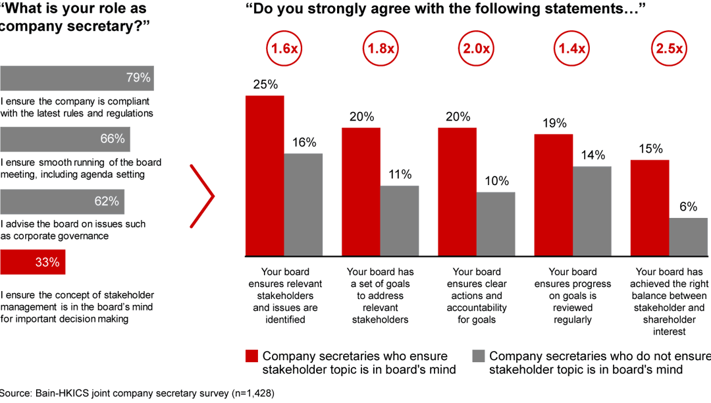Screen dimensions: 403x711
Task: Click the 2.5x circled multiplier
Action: [x=669, y=49]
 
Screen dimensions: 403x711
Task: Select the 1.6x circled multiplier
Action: [x=284, y=49]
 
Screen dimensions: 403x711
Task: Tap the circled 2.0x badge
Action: [x=477, y=49]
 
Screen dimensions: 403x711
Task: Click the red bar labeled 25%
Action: [x=265, y=175]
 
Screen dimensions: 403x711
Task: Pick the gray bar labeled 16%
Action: [x=303, y=204]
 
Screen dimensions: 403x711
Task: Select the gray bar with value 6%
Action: [x=689, y=236]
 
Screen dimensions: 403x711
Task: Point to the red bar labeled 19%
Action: [x=554, y=195]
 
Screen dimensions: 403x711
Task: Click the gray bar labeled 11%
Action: [x=400, y=221]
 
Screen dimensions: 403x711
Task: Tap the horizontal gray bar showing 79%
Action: [x=76, y=78]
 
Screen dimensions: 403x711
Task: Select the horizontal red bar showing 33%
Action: [x=32, y=262]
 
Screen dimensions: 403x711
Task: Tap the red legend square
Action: [x=251, y=356]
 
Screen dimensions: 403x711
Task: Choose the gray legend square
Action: [x=479, y=356]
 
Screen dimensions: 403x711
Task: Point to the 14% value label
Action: [x=592, y=155]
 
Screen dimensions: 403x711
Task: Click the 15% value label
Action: [x=650, y=149]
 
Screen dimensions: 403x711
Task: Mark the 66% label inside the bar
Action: [x=112, y=139]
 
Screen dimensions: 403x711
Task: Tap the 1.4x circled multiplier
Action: [x=572, y=49]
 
